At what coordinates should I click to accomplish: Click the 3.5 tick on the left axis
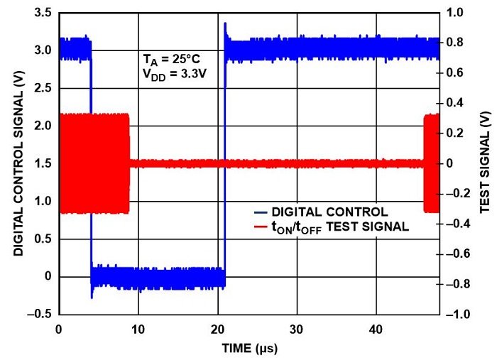[44, 13]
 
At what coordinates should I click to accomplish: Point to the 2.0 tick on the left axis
[44, 126]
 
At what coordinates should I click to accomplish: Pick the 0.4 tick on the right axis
[454, 103]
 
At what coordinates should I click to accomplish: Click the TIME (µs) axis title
[248, 348]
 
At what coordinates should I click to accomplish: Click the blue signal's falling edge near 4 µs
[91, 163]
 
